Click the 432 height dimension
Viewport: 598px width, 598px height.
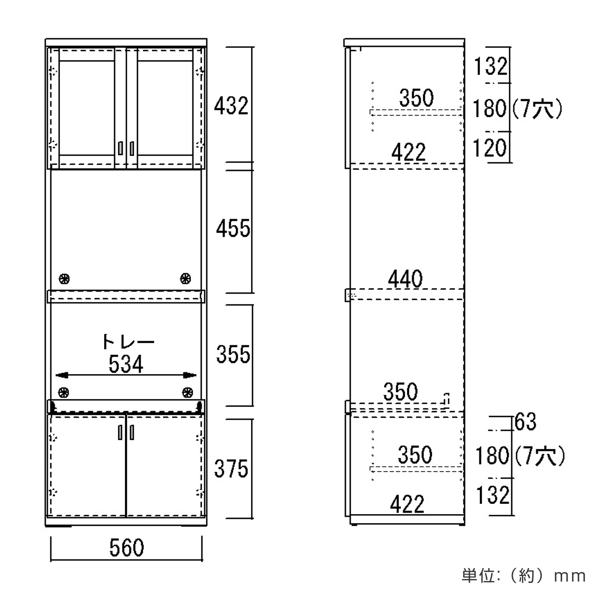[x=231, y=106]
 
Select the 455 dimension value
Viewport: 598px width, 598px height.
[x=233, y=228]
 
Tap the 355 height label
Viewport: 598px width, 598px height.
[x=233, y=354]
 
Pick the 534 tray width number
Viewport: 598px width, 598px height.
[x=126, y=364]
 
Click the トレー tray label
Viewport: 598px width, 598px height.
[x=128, y=341]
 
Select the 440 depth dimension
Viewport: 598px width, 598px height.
[x=405, y=279]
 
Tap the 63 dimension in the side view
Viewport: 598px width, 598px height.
[x=525, y=422]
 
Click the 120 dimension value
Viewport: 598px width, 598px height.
[x=489, y=148]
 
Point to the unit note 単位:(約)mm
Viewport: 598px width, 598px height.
[x=524, y=576]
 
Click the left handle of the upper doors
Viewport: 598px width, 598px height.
[x=121, y=148]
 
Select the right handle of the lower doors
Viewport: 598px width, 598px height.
[x=132, y=432]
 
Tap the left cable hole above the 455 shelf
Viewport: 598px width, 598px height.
[x=64, y=279]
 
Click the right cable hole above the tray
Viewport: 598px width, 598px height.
[x=187, y=392]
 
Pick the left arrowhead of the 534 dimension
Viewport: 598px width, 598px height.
[x=61, y=375]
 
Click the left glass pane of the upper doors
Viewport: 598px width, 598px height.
[x=87, y=108]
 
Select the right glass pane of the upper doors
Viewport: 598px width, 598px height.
[x=165, y=108]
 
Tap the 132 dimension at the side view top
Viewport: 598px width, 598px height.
[x=491, y=66]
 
